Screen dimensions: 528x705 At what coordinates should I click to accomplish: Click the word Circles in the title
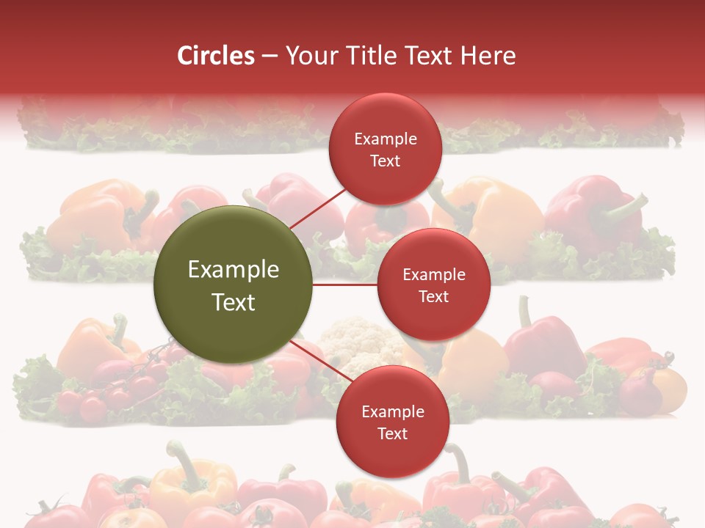216,56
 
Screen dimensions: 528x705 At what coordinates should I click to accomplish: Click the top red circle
385,149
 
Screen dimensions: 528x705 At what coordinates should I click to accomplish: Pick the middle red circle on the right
433,285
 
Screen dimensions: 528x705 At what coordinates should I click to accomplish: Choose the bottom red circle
392,422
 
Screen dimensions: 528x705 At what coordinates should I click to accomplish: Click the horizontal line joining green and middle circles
345,285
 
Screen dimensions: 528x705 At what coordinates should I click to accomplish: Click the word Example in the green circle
234,270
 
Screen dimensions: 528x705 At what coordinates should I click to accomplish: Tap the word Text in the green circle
234,302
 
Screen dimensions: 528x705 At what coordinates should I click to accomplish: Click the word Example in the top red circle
385,139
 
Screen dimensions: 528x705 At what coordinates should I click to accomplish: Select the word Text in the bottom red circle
392,433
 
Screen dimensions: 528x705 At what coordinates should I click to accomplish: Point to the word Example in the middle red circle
433,275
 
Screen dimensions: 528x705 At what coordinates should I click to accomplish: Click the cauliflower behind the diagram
360,338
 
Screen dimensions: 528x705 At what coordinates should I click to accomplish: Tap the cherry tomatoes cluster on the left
110,392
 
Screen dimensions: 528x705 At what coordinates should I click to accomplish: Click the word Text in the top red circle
385,161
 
